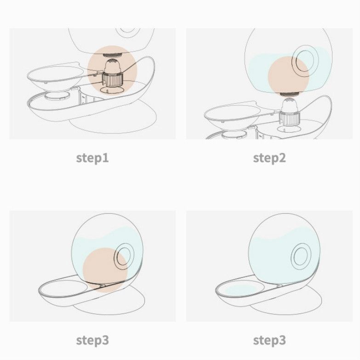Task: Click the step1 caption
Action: coord(92,158)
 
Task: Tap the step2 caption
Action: coord(269,158)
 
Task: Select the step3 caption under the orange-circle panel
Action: coord(92,341)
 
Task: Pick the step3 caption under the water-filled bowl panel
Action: coord(269,341)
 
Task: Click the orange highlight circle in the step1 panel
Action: coord(112,70)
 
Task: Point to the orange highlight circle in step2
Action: coord(289,76)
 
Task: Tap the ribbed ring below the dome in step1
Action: coord(113,80)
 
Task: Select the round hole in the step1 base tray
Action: coord(112,90)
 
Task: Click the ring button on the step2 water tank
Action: coord(305,61)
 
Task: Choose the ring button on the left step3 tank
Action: coord(124,256)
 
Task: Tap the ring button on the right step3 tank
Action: coord(301,256)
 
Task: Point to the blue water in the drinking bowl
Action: coord(240,290)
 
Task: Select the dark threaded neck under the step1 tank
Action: coord(112,55)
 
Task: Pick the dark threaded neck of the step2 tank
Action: coord(289,94)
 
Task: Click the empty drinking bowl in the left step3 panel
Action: coord(63,289)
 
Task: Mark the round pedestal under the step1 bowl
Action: coord(57,95)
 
